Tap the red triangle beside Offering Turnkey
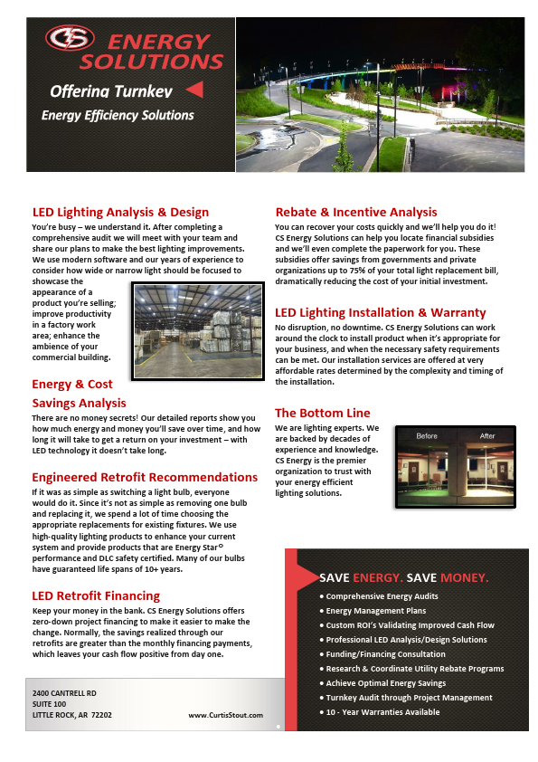(x=193, y=89)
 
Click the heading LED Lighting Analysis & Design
(x=120, y=213)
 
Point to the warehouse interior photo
(x=198, y=329)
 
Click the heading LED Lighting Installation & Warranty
(x=380, y=312)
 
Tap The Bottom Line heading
(x=323, y=413)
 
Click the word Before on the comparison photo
(x=427, y=436)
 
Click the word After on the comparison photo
(x=487, y=436)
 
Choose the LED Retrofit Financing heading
(x=96, y=595)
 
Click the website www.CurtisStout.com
(x=226, y=715)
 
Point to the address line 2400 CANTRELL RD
(x=64, y=692)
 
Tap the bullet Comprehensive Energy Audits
(x=382, y=596)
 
